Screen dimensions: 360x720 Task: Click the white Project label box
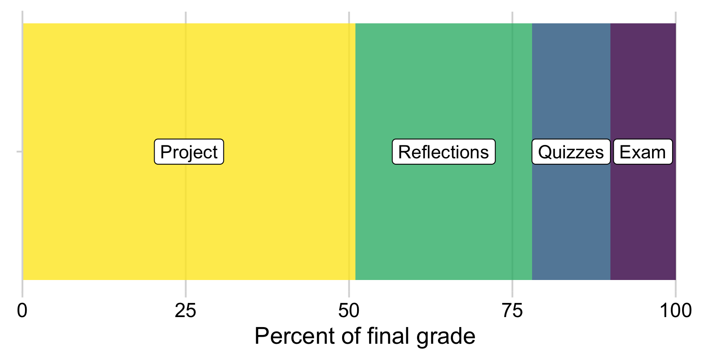point(189,152)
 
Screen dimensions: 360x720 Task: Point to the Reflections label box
point(443,152)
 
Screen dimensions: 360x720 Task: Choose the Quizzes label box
point(571,152)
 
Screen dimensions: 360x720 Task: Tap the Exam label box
point(642,152)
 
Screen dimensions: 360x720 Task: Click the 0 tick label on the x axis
point(22,311)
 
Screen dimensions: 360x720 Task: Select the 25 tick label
point(185,311)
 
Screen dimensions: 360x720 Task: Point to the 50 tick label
point(349,311)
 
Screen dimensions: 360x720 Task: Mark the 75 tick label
point(512,311)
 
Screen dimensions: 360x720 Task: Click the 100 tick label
point(675,311)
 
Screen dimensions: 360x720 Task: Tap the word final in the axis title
point(389,336)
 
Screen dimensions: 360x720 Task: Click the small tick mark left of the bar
point(19,152)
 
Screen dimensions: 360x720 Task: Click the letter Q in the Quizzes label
point(544,152)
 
